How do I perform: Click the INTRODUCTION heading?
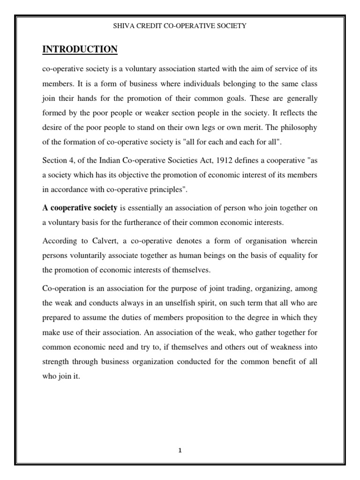(x=80, y=49)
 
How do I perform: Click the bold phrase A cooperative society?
(x=80, y=207)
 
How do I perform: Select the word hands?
(x=90, y=99)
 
